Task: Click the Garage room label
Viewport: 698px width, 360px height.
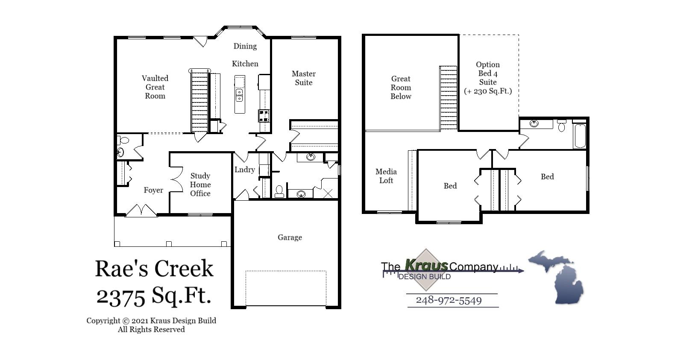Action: tap(290, 237)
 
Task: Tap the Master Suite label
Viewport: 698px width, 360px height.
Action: tap(304, 78)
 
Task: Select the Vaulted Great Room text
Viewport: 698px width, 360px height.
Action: tap(155, 87)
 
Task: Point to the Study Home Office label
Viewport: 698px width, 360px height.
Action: tap(200, 184)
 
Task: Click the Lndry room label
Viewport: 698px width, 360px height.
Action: tap(244, 170)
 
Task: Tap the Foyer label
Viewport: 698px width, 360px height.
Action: tap(153, 190)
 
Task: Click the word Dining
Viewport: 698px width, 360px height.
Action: tap(245, 46)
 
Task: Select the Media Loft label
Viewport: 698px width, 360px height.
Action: tap(386, 176)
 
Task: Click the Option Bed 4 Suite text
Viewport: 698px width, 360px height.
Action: tap(488, 78)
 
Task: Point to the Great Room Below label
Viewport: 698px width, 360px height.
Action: tap(401, 88)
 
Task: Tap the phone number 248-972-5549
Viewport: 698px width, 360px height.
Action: tap(449, 300)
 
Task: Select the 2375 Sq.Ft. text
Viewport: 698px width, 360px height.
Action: tap(154, 296)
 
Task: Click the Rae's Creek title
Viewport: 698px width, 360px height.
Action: tap(154, 269)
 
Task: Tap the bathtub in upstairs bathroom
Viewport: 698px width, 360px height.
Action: tap(580, 136)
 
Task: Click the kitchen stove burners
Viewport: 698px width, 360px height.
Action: tap(264, 115)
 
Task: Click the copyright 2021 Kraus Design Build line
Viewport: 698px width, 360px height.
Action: tap(151, 321)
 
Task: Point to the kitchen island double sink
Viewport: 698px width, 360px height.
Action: tap(240, 95)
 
